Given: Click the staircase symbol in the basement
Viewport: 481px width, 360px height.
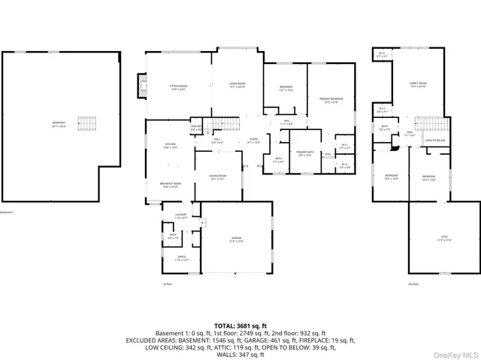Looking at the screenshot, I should click(x=89, y=123).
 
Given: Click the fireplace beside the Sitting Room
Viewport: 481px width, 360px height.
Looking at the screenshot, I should click(x=140, y=86).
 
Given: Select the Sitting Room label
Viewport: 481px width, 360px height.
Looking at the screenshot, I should click(x=177, y=87).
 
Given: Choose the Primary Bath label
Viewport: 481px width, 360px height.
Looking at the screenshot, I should click(x=304, y=153).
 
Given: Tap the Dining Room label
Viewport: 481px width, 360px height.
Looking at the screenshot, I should click(x=218, y=177).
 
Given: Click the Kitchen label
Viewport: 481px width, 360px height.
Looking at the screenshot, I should click(x=171, y=147).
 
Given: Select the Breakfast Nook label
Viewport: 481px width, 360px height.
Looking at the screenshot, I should click(x=171, y=186).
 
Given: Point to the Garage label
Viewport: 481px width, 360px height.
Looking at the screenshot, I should click(x=237, y=241).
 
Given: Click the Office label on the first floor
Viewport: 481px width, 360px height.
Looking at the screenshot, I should click(x=181, y=258).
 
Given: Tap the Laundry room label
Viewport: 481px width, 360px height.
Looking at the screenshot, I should click(x=180, y=216).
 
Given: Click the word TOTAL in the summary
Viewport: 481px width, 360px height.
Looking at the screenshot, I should click(x=215, y=325).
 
